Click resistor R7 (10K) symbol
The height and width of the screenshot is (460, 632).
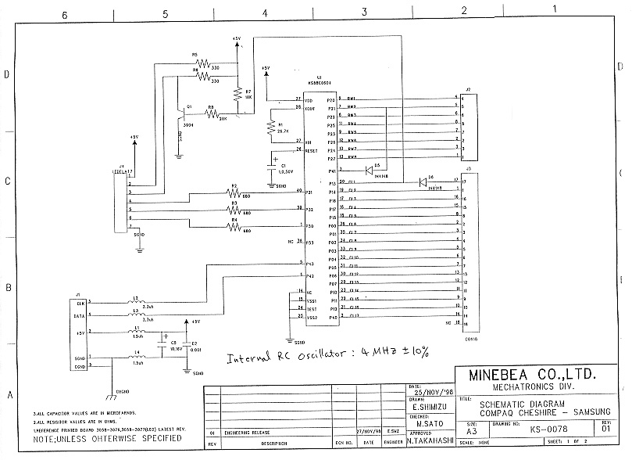tap(237, 93)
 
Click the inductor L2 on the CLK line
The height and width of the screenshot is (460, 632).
tap(137, 302)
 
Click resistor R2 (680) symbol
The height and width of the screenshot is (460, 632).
tap(233, 192)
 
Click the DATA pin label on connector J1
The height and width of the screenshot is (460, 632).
tap(80, 315)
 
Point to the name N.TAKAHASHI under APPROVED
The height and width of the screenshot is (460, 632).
tap(427, 441)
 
